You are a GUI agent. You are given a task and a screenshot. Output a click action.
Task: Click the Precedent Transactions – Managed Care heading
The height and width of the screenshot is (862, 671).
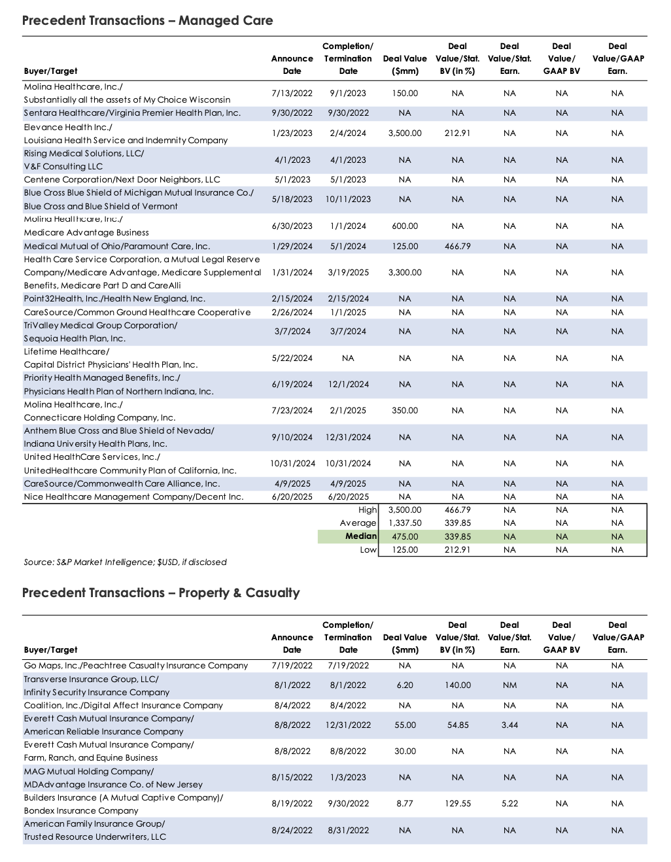pos(147,20)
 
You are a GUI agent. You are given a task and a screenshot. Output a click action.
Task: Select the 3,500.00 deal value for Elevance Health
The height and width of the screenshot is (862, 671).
pos(405,133)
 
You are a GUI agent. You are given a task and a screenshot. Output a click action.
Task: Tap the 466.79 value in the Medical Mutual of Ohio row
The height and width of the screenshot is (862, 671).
pos(457,247)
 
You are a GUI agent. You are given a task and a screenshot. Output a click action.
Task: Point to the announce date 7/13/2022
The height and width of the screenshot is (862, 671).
pos(292,94)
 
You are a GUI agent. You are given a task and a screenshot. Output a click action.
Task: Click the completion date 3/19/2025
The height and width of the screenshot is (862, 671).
pos(348,273)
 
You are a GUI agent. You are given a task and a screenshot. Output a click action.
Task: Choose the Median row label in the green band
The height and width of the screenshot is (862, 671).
pos(361,536)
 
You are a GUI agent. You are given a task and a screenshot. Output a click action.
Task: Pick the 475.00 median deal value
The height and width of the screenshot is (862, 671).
pos(405,537)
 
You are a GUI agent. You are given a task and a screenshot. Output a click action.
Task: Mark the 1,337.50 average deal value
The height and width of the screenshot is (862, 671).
pos(405,523)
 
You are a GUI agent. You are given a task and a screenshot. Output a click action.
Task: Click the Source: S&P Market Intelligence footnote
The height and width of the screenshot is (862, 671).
pos(125,562)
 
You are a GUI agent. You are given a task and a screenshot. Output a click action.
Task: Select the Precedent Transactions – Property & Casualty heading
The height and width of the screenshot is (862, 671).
pos(161,593)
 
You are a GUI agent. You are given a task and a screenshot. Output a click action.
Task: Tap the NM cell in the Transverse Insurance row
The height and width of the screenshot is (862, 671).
pos(509,685)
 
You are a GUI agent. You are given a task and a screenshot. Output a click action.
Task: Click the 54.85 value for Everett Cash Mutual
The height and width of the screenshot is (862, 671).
pos(457,725)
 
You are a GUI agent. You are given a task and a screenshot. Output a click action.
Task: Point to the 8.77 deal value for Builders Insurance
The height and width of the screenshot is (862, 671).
pos(405,804)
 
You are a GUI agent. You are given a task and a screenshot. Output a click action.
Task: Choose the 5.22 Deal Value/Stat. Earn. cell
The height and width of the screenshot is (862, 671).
pos(509,804)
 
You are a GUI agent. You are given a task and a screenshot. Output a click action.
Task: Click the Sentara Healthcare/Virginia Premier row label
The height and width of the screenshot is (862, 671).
pos(132,113)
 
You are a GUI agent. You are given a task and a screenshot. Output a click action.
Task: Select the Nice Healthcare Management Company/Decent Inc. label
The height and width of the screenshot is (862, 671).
pos(133,497)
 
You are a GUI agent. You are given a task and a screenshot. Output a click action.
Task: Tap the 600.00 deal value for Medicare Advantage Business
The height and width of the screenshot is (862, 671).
pos(405,226)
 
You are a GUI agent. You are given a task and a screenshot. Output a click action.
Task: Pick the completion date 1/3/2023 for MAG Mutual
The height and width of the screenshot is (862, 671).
pos(348,778)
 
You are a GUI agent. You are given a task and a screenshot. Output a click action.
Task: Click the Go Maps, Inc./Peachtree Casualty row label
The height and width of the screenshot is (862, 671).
pos(136,666)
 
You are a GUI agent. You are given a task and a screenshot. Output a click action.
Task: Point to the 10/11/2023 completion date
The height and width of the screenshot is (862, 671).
pos(348,199)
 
